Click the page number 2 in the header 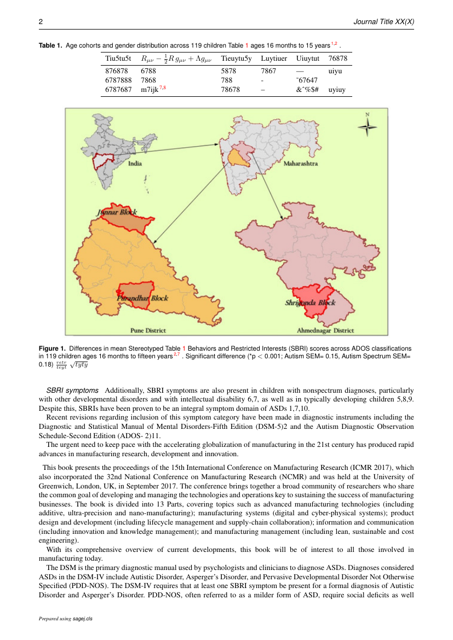(x=41, y=22)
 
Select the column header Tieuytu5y (x=236, y=58)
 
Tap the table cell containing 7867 (x=268, y=71)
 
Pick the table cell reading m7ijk (x=149, y=90)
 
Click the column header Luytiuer (x=274, y=58)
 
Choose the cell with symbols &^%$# (x=307, y=90)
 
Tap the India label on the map (x=135, y=163)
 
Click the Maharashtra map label (x=301, y=164)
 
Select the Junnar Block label (x=117, y=212)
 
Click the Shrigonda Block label (x=310, y=302)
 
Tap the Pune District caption (x=148, y=330)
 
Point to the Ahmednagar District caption (x=325, y=330)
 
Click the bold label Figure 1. (x=51, y=348)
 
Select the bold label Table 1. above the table (x=50, y=45)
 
